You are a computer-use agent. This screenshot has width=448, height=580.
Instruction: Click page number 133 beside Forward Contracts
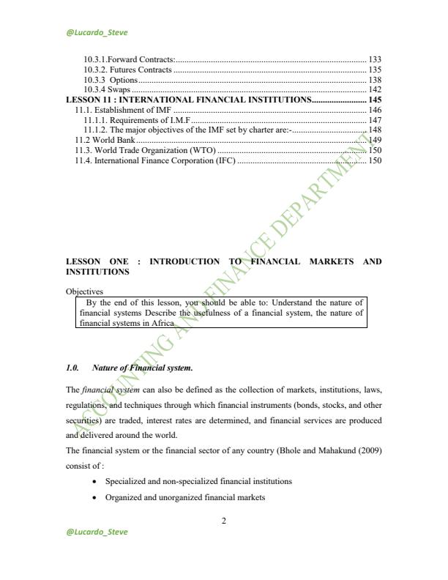point(374,58)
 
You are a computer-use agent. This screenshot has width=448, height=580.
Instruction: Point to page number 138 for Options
point(374,79)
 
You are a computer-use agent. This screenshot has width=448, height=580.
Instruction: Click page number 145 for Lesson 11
point(374,99)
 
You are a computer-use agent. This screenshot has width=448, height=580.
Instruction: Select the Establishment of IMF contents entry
point(118,109)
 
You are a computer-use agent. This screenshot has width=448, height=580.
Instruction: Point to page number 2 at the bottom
point(223,521)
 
